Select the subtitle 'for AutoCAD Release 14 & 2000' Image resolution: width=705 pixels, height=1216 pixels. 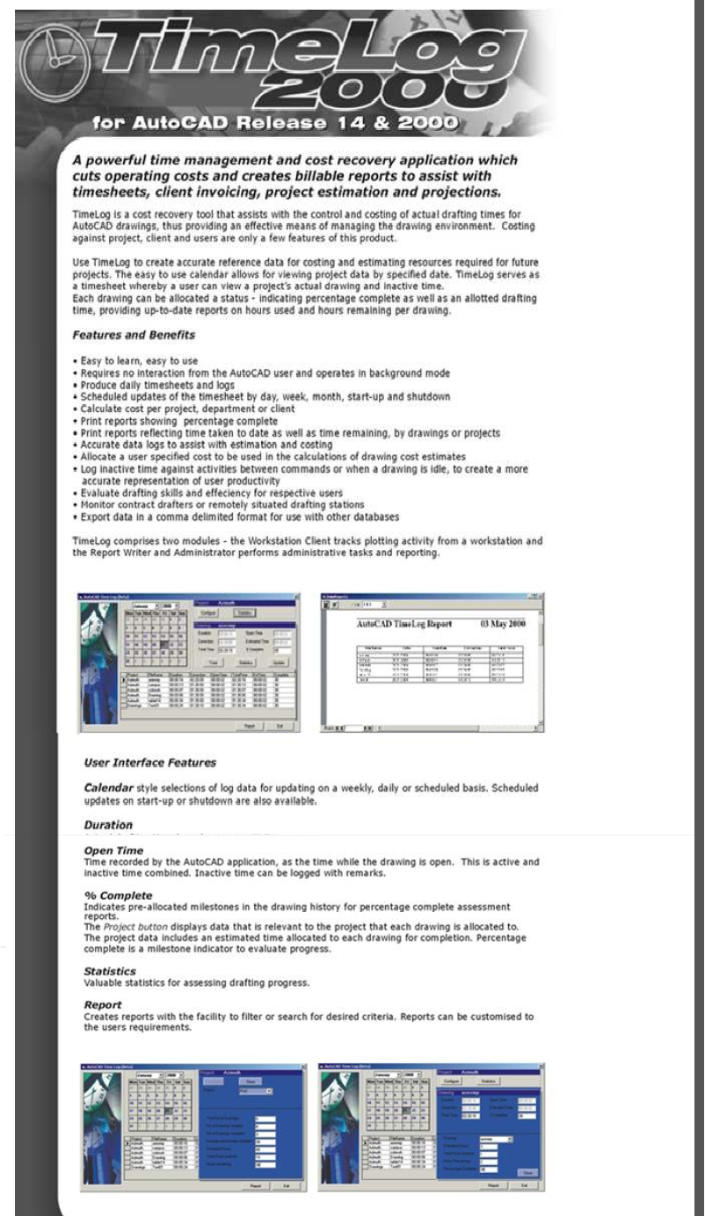(274, 122)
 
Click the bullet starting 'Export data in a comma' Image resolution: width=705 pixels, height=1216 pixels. (237, 517)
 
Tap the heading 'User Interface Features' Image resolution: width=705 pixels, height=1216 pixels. (149, 762)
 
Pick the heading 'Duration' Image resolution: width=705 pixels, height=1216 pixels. (108, 825)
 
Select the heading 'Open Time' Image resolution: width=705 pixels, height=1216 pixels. (113, 850)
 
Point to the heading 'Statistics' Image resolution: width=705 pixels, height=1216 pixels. (110, 971)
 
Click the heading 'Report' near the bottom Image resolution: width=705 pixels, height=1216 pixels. (103, 1004)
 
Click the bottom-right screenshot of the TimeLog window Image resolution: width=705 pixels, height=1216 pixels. (432, 1127)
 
